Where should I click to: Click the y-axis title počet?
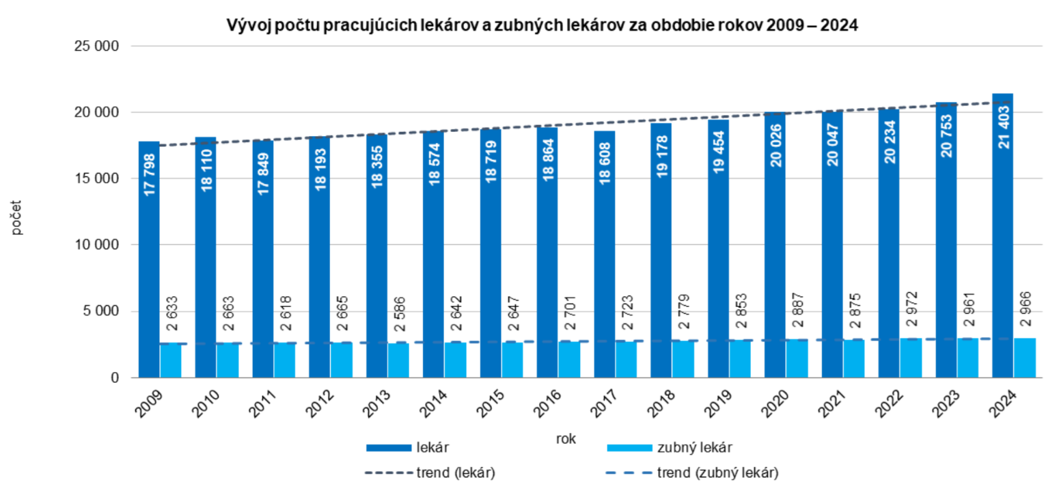pos(16,217)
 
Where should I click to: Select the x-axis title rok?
pos(565,439)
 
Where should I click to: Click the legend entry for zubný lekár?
pos(694,448)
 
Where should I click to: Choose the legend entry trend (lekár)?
pos(455,472)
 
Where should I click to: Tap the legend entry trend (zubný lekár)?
pos(717,472)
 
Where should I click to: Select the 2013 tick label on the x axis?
pos(377,404)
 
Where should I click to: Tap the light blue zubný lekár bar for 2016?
pos(568,360)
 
